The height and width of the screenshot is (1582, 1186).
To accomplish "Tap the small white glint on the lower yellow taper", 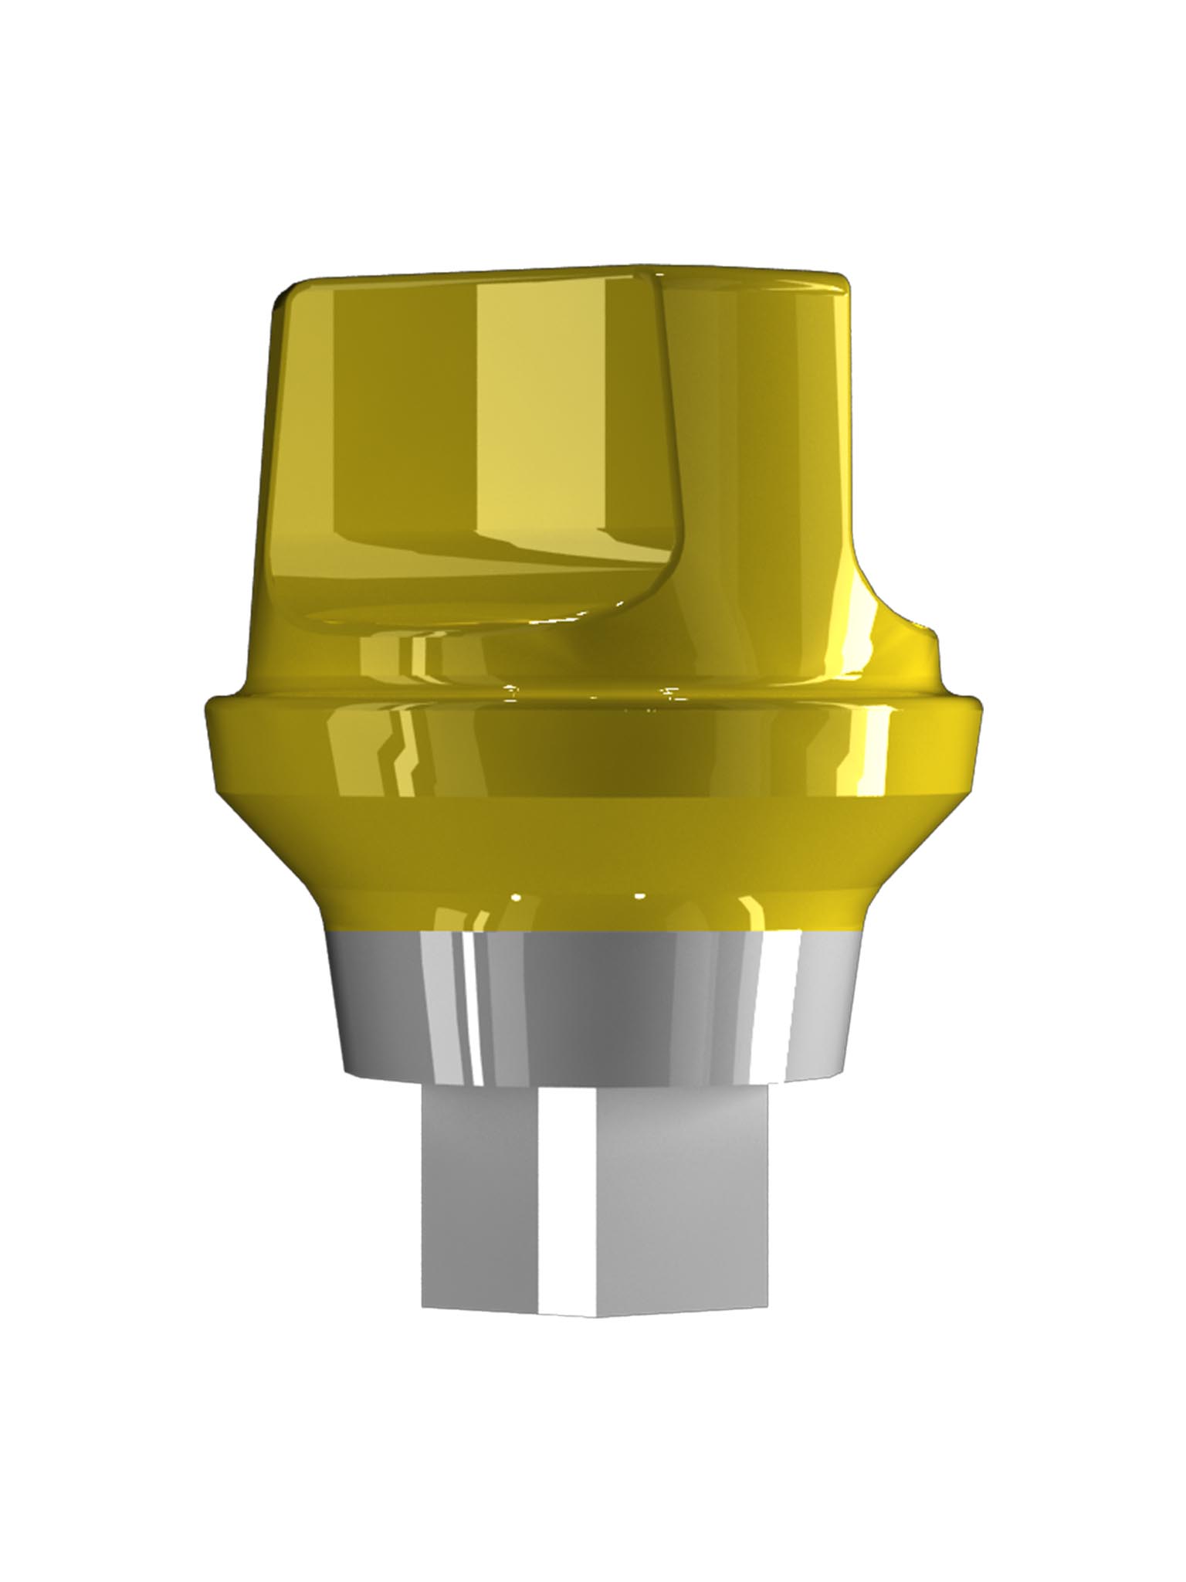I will coord(639,897).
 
